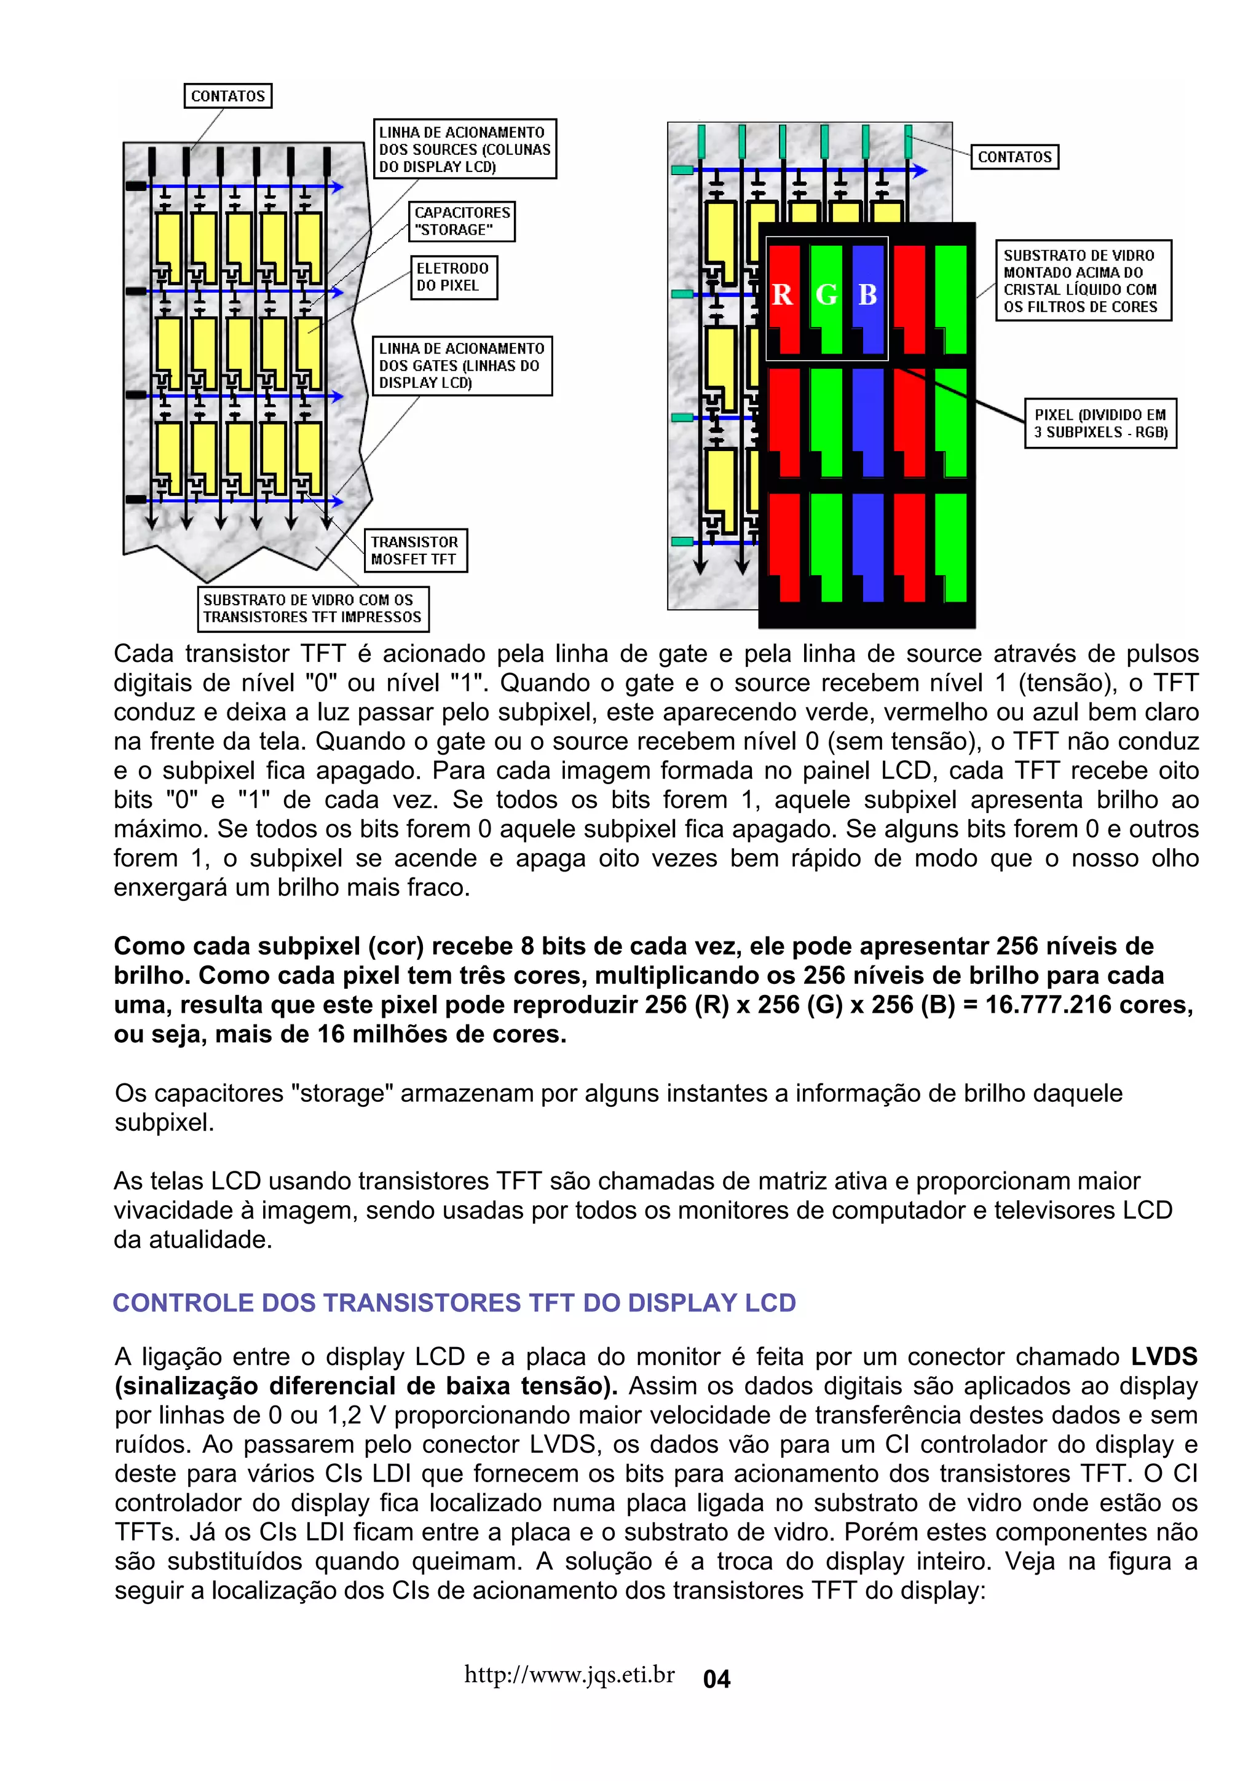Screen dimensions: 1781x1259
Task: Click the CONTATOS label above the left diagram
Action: point(228,96)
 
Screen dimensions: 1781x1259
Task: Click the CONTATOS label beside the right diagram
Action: point(1015,157)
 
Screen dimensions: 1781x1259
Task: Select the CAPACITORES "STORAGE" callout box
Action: point(462,221)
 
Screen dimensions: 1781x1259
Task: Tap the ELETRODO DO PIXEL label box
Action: point(453,277)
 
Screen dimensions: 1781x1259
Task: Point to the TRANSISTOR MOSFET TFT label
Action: point(415,550)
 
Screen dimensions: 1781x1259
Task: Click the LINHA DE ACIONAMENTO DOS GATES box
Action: point(462,365)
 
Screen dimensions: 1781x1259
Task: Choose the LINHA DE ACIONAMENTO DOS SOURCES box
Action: point(465,149)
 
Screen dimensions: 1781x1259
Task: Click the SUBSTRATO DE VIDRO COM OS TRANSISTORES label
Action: point(313,608)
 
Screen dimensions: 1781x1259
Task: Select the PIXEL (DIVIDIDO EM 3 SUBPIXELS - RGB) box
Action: point(1100,423)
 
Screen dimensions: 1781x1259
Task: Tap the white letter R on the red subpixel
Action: point(782,295)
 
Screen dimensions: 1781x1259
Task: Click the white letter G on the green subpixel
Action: point(826,295)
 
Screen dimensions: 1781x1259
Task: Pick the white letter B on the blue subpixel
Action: point(868,295)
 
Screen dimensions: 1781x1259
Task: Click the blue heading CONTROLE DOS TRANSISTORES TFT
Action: point(454,1302)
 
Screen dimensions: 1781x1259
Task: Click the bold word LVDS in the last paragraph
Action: point(1164,1357)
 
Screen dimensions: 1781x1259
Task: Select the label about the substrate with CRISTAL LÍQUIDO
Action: point(1083,281)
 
